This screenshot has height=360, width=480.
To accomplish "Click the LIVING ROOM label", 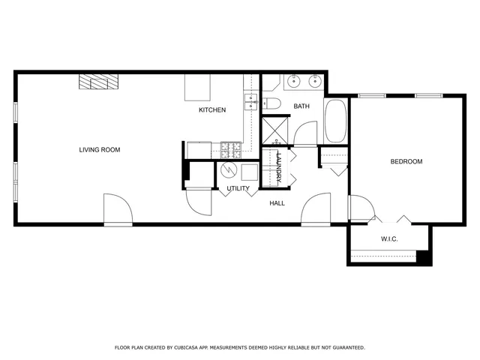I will click(x=100, y=150).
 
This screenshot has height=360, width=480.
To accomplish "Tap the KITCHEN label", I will click(x=211, y=110).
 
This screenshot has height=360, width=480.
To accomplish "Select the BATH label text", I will click(x=301, y=106).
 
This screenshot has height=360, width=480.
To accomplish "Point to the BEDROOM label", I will click(x=406, y=162).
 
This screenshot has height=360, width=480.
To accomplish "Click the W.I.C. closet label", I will click(x=388, y=239).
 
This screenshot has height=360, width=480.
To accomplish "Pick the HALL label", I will click(x=277, y=202).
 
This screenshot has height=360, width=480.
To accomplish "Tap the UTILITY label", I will click(x=238, y=188).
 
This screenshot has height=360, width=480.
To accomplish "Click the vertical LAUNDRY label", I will click(x=278, y=166).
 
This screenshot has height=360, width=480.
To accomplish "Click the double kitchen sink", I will click(x=250, y=102).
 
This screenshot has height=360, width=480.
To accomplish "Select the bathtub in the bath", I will click(x=334, y=122).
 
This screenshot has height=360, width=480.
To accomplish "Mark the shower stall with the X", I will click(x=274, y=131).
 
